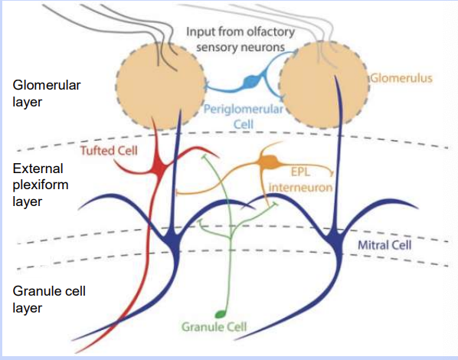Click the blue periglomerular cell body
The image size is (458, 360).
(251, 81)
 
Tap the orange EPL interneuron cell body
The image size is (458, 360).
(269, 162)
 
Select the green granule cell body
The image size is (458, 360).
(221, 314)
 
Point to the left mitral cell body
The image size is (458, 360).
(174, 244)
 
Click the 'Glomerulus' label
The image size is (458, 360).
(401, 78)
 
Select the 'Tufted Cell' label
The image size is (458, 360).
(109, 150)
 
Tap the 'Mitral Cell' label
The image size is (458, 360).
(384, 245)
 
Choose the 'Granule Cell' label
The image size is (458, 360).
(214, 326)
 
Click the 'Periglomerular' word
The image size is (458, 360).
(244, 110)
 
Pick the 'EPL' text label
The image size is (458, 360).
(300, 172)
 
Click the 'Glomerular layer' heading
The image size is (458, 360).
(47, 93)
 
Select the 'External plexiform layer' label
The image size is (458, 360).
(41, 185)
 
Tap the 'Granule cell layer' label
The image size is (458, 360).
(49, 299)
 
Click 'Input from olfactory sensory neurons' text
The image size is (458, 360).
(240, 39)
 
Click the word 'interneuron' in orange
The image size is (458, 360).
(300, 188)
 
